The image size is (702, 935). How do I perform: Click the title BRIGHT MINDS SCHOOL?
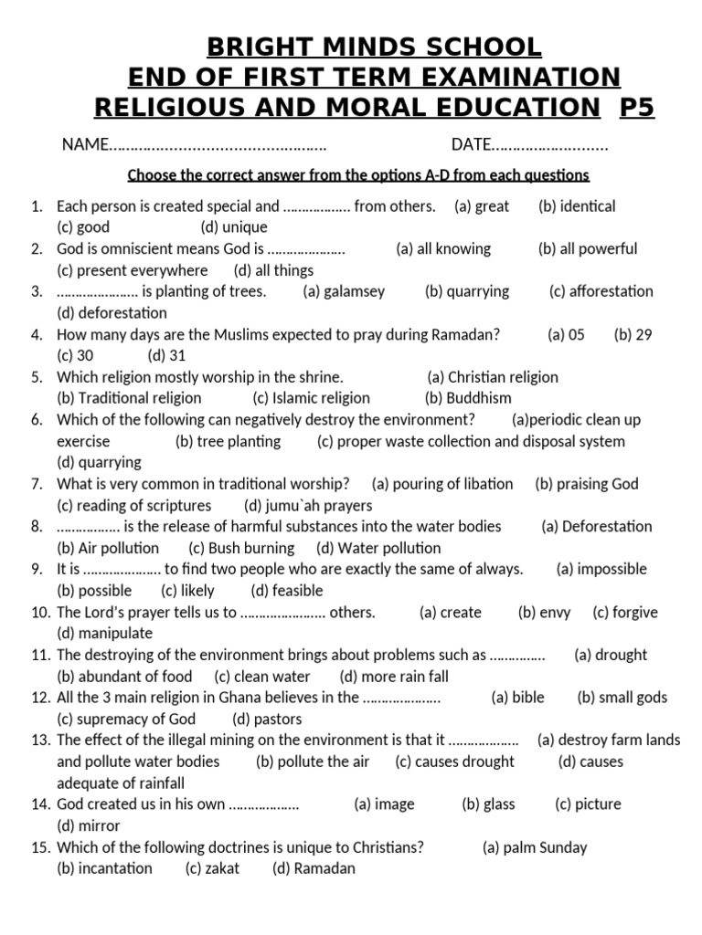tap(373, 46)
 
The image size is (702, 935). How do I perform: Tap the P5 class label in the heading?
tap(637, 108)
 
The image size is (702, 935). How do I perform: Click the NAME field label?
tap(84, 144)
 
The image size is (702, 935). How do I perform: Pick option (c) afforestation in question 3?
tap(601, 291)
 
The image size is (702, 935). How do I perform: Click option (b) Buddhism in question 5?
tap(468, 398)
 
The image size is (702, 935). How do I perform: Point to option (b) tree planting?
tap(228, 441)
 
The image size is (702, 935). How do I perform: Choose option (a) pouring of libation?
tap(442, 484)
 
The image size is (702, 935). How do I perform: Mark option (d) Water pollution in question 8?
tap(378, 548)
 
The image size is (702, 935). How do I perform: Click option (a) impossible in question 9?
tap(601, 569)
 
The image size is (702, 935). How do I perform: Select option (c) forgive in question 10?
tap(625, 612)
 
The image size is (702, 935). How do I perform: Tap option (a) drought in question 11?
tap(610, 655)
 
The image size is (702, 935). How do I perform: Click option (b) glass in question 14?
tap(488, 804)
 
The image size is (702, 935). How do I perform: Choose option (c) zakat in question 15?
tap(212, 868)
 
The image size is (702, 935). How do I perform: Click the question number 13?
tap(38, 741)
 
